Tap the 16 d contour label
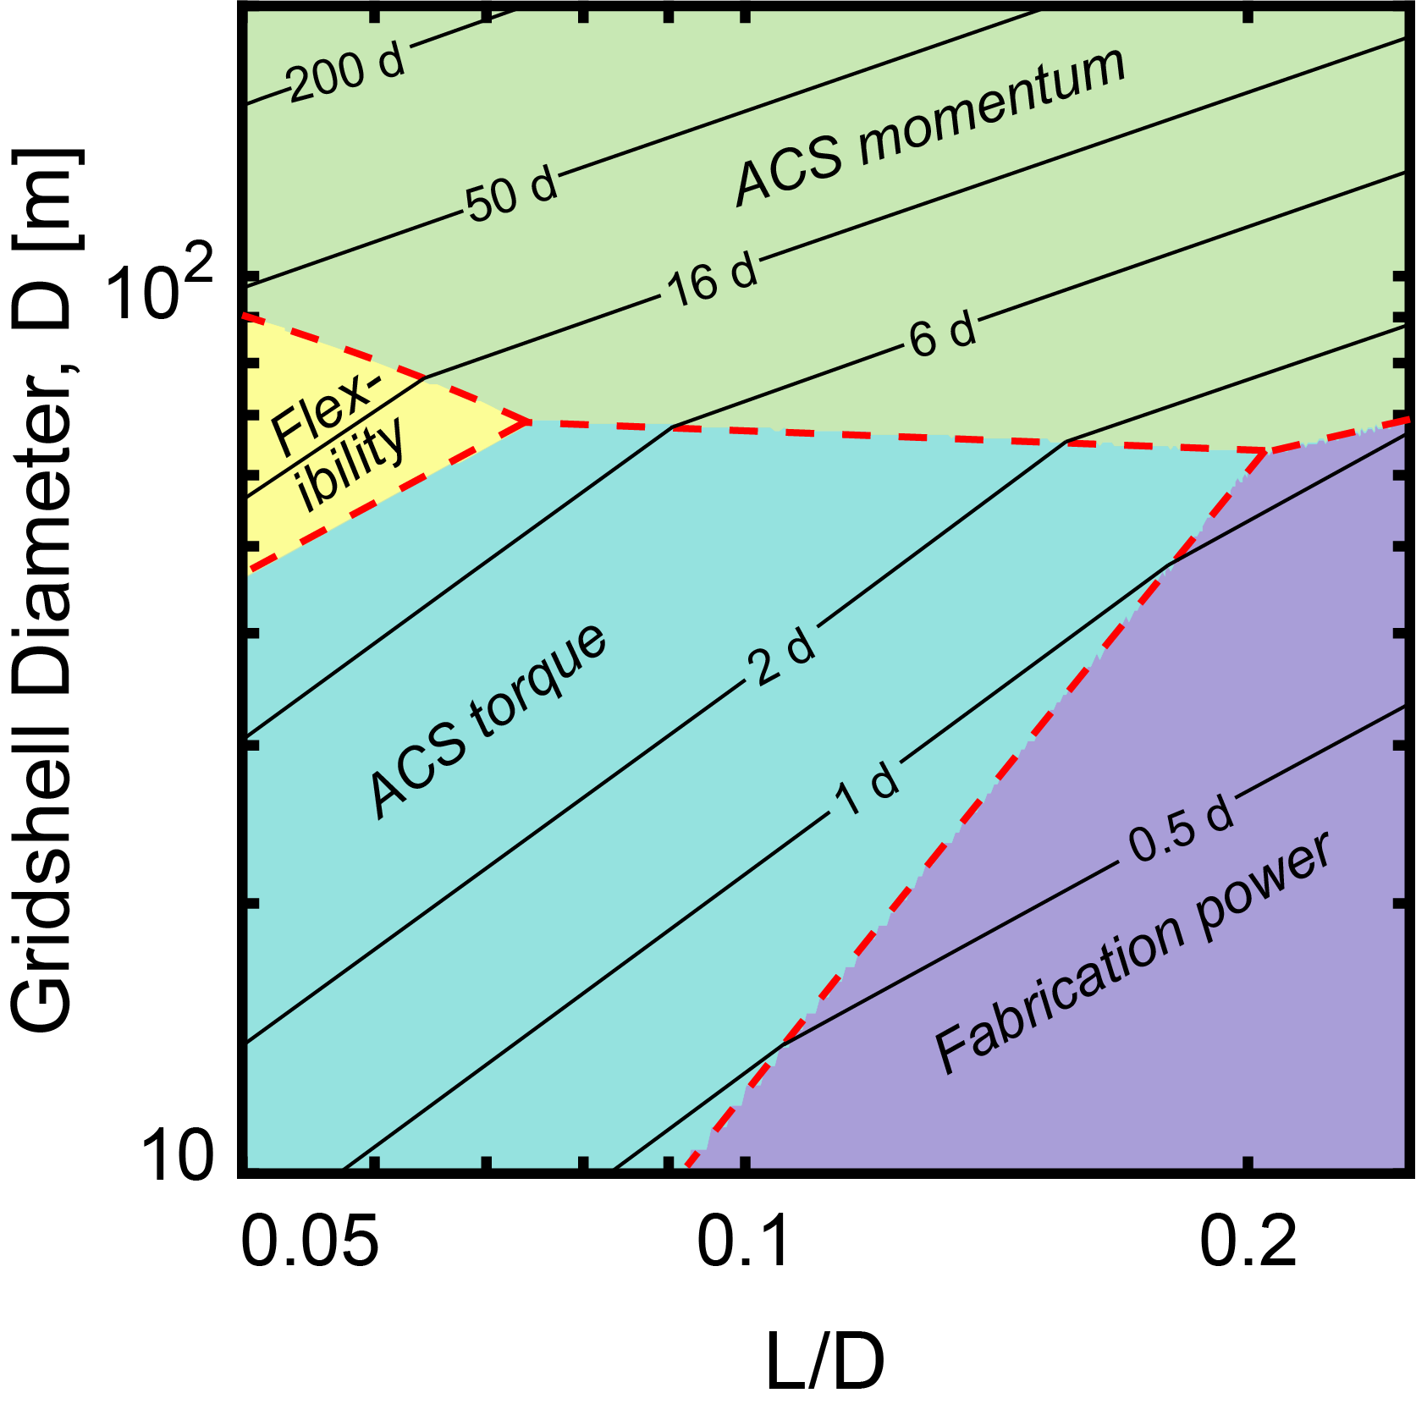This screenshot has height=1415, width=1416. [712, 278]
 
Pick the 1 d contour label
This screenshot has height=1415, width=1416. [867, 789]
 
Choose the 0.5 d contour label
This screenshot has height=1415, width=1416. [1182, 830]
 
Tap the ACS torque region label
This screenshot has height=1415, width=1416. [488, 721]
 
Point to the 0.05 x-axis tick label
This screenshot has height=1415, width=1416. [309, 1244]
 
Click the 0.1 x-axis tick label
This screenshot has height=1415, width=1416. [742, 1244]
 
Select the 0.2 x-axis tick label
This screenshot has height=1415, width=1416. [1248, 1244]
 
